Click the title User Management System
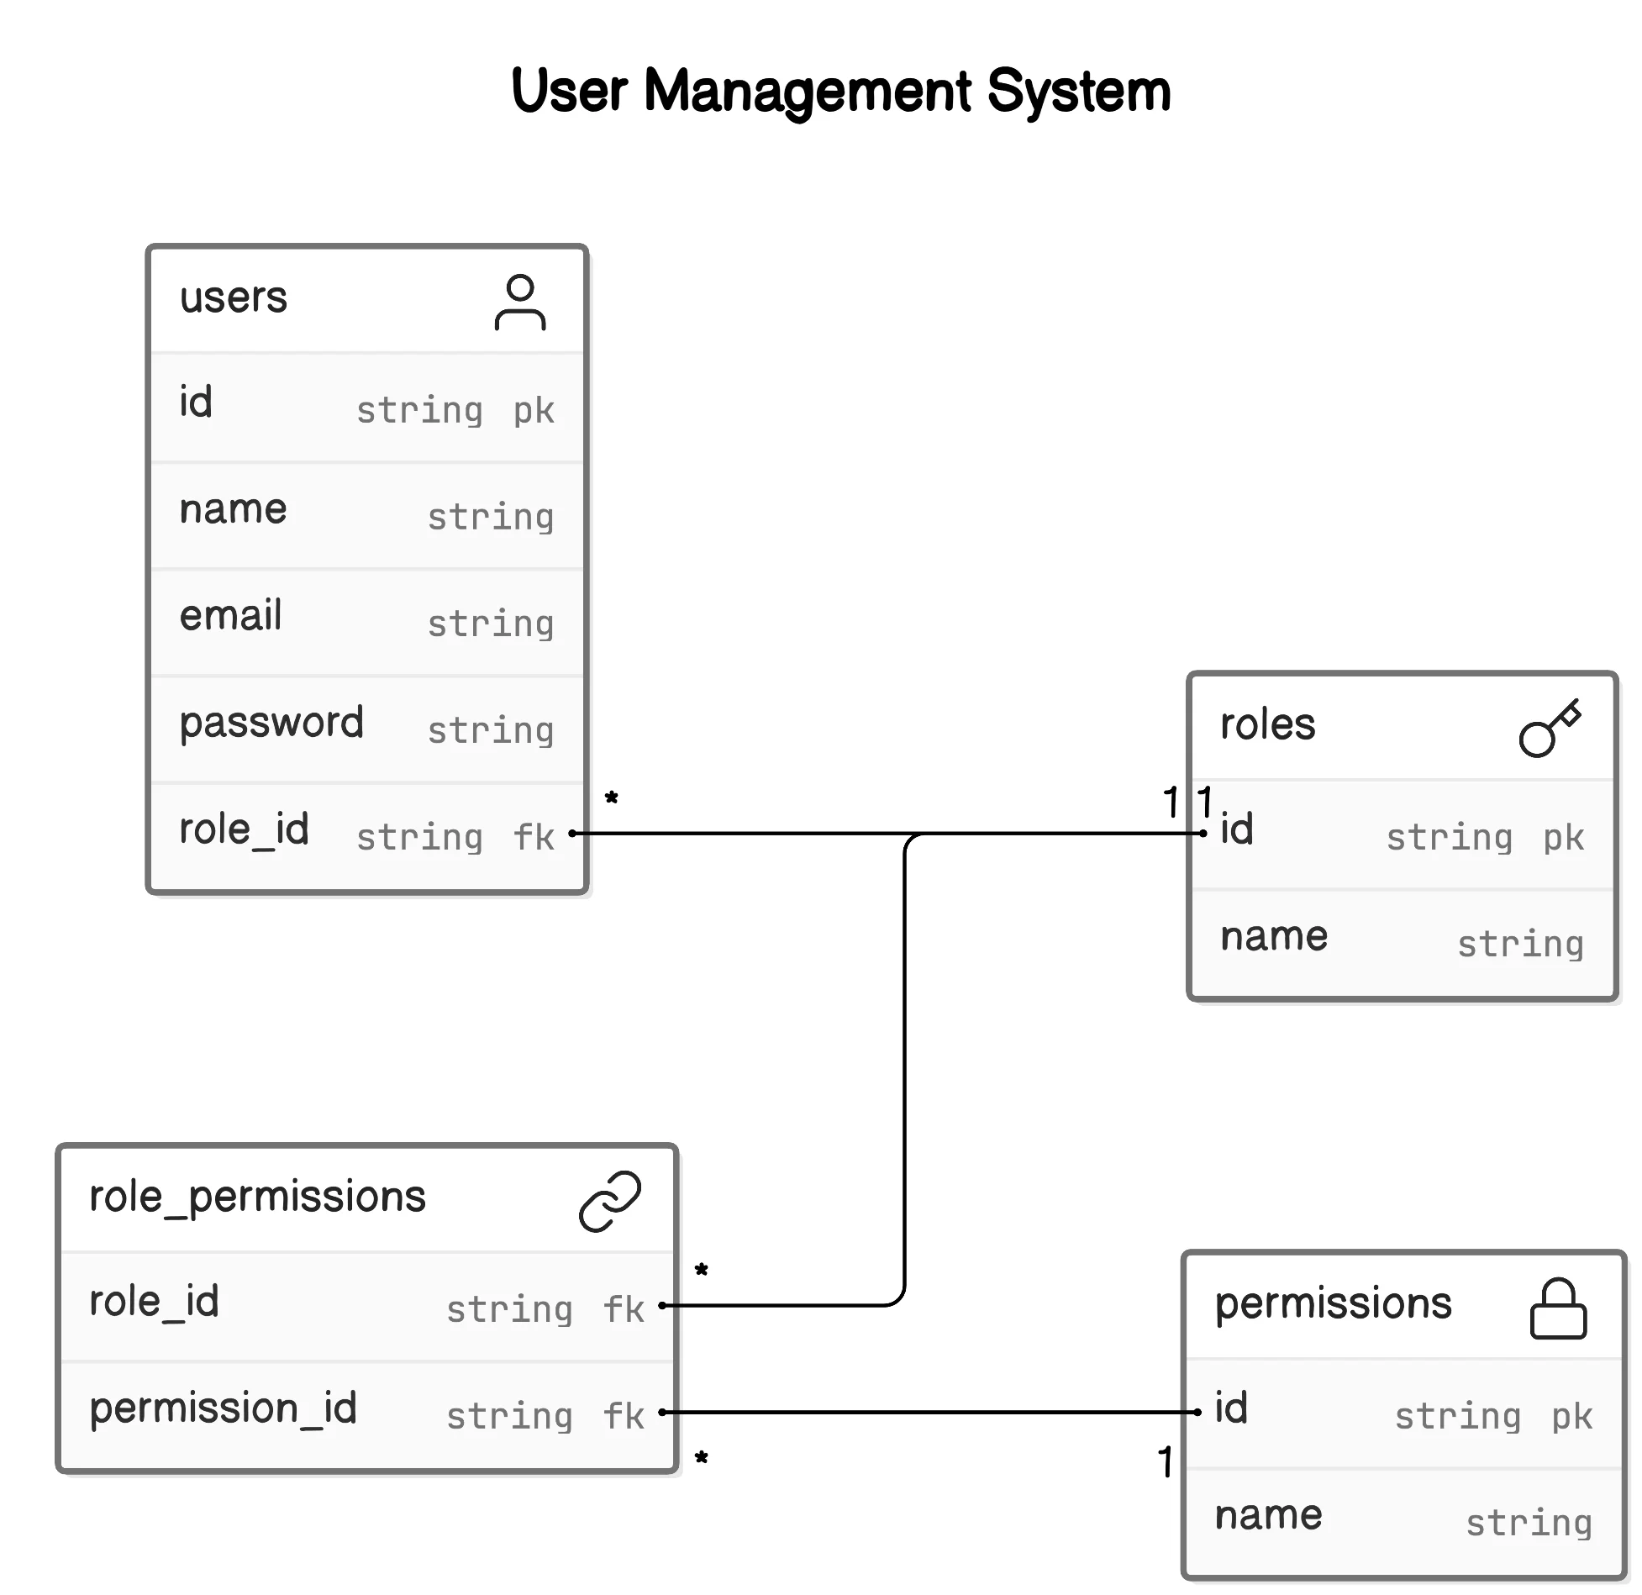click(x=840, y=91)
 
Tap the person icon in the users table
click(x=520, y=302)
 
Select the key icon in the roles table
click(x=1550, y=727)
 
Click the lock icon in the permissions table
click(x=1557, y=1308)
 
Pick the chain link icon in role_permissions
click(x=610, y=1201)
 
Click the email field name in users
click(x=230, y=615)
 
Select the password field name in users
click(x=271, y=723)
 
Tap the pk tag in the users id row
click(x=534, y=410)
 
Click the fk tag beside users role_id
click(x=534, y=837)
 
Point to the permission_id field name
click(x=223, y=1408)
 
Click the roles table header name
click(x=1267, y=724)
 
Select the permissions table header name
click(x=1333, y=1303)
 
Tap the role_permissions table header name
click(x=257, y=1196)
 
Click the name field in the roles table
click(x=1273, y=936)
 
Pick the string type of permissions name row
click(x=1529, y=1523)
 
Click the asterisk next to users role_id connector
click(x=612, y=798)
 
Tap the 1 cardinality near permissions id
click(x=1165, y=1462)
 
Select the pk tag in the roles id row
click(x=1563, y=837)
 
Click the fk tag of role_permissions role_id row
click(x=624, y=1309)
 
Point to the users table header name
click(x=233, y=297)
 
